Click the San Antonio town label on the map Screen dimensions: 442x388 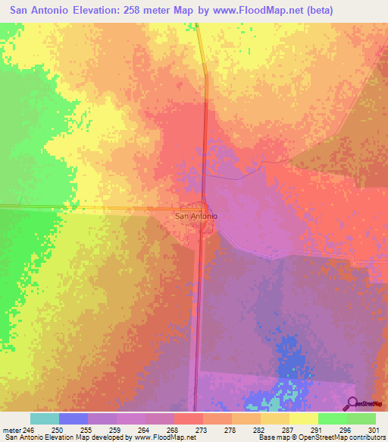tap(196, 216)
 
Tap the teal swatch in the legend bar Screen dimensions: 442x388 tap(45, 418)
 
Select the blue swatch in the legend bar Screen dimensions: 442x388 tap(74, 418)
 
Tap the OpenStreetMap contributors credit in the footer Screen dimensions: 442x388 tap(341, 437)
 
